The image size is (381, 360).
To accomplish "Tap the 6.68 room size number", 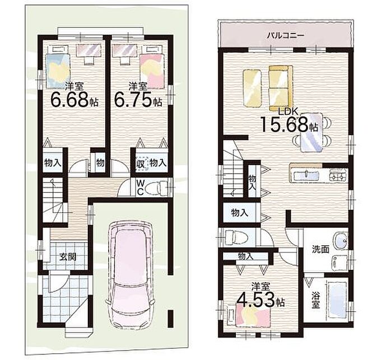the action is pos(69,100).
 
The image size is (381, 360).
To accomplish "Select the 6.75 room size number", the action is pos(133,100).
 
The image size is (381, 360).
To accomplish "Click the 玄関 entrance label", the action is pos(68,257).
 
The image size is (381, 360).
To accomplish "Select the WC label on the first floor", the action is pos(140,187).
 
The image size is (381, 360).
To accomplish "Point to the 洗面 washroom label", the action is pos(320,249).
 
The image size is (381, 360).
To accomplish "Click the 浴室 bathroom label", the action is pos(315,300).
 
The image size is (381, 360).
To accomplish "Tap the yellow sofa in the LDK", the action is pos(281,88).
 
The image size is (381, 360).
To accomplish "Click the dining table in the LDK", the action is pos(312,133).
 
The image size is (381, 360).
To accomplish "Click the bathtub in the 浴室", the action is pos(337,300).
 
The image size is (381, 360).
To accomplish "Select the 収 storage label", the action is pos(141,163).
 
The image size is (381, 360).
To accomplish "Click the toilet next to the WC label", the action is pos(157,188).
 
